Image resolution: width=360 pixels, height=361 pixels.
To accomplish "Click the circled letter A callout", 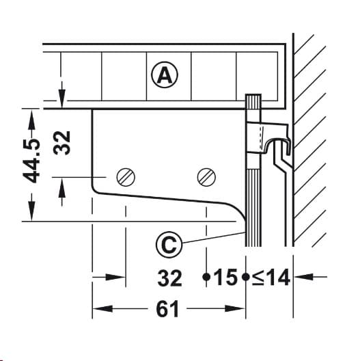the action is [165, 75].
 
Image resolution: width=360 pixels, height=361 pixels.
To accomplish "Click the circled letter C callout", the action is [169, 245].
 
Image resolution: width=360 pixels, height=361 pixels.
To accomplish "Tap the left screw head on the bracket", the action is [126, 177].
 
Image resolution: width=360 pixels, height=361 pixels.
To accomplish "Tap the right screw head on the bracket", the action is [206, 177].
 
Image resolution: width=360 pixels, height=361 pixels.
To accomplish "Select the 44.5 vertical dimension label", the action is [31, 161].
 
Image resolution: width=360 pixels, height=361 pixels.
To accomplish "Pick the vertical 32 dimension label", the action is [61, 143].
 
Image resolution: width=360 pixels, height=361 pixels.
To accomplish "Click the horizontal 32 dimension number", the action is [170, 278].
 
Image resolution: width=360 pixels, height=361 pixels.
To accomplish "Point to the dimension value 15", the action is [225, 277].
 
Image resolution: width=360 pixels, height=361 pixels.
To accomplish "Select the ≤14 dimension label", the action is [271, 277].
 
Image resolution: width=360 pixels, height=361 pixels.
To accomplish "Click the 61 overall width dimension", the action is [167, 309].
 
